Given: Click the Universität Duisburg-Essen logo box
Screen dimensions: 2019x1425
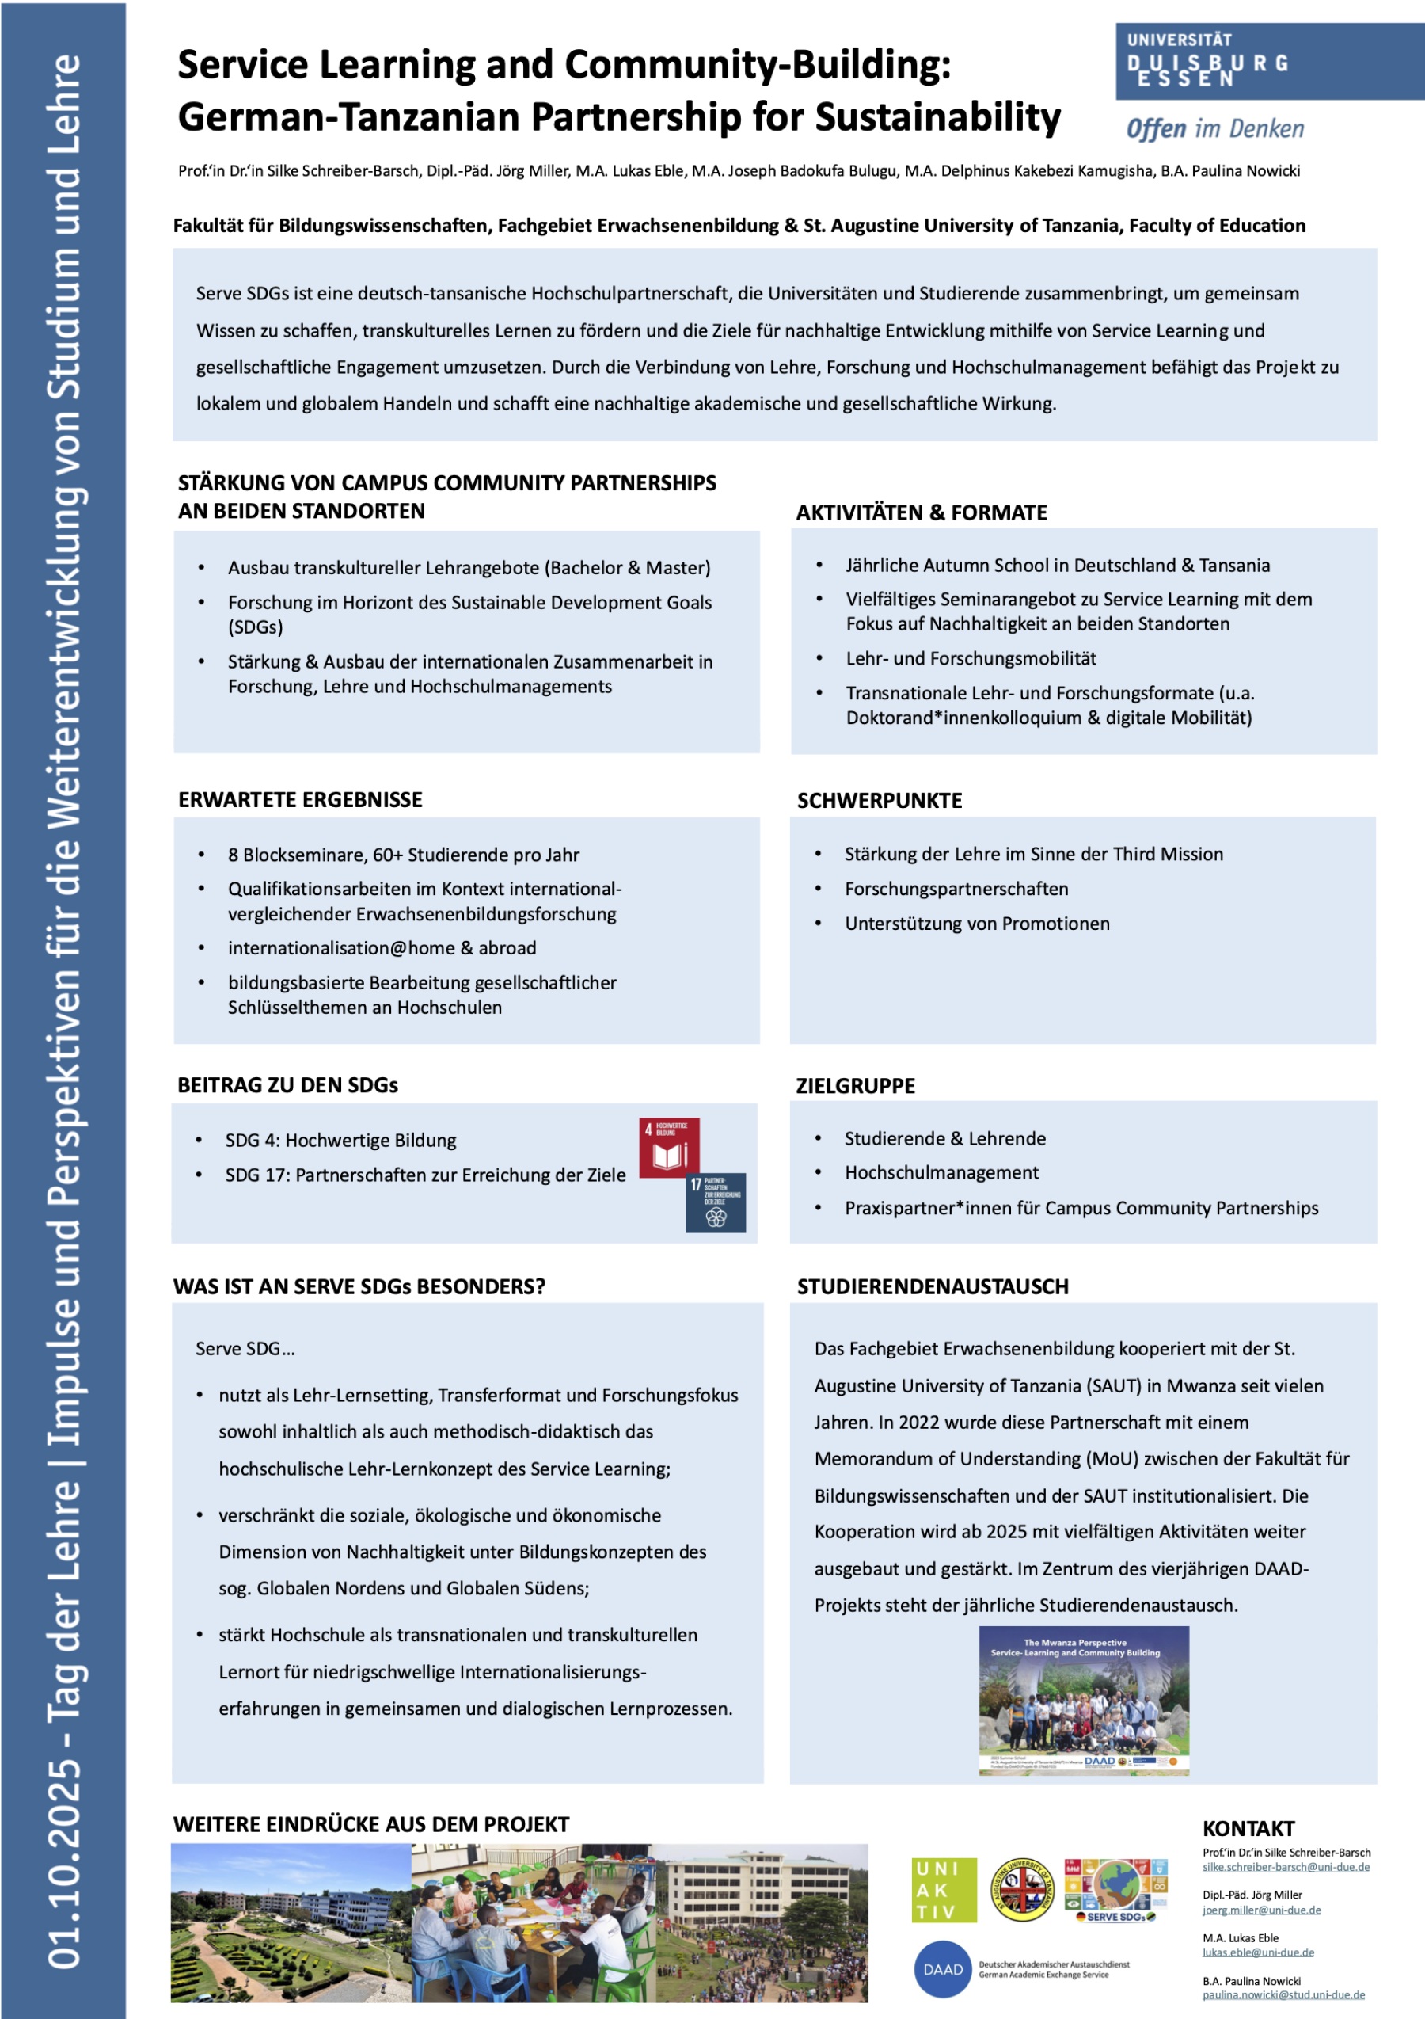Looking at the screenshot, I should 1268,62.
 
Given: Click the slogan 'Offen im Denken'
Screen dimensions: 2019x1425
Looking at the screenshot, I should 1215,129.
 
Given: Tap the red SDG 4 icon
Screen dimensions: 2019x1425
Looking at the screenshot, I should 669,1147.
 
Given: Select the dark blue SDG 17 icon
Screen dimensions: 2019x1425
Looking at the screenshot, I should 716,1202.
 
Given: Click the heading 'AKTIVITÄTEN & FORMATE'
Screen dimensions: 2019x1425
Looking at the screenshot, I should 921,512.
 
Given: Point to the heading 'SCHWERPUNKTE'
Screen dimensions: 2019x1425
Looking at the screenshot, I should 879,800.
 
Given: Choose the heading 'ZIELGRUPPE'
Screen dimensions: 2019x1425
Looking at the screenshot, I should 855,1086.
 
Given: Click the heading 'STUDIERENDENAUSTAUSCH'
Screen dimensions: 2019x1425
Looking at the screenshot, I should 933,1286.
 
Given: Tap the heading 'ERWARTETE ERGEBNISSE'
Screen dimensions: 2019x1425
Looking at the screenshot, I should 300,799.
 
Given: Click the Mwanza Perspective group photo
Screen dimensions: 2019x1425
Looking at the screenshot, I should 1084,1700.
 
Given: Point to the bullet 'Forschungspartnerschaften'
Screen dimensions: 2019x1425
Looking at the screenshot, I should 956,889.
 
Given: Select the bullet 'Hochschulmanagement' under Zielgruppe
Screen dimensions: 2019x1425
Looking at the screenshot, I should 941,1172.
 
